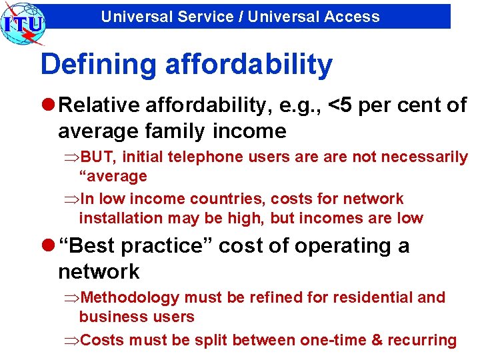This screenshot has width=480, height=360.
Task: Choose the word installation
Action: click(x=121, y=218)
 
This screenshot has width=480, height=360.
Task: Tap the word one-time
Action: click(x=333, y=341)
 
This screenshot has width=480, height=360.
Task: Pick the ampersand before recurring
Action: click(x=377, y=341)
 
